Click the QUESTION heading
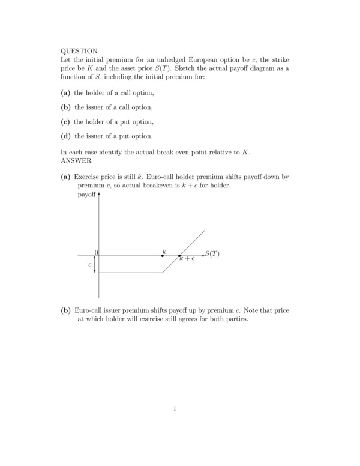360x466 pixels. [79, 52]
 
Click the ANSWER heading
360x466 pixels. [76, 161]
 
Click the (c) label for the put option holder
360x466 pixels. [65, 121]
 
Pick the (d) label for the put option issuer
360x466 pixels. [66, 135]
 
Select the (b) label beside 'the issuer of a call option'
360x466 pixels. [66, 107]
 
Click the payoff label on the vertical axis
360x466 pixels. [87, 195]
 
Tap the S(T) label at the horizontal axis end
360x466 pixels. [212, 254]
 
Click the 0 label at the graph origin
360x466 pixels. [96, 252]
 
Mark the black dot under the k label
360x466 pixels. [163, 256]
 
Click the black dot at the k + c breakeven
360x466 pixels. [179, 256]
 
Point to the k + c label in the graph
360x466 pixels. [187, 259]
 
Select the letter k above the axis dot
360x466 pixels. [164, 249]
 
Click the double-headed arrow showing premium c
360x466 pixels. [95, 264]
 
